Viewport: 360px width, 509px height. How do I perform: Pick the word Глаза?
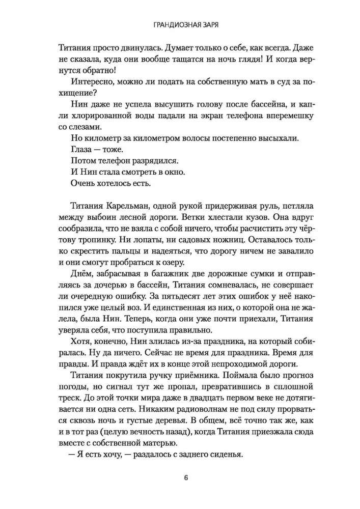pyautogui.click(x=77, y=150)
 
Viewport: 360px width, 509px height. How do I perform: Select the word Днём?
pyautogui.click(x=77, y=275)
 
